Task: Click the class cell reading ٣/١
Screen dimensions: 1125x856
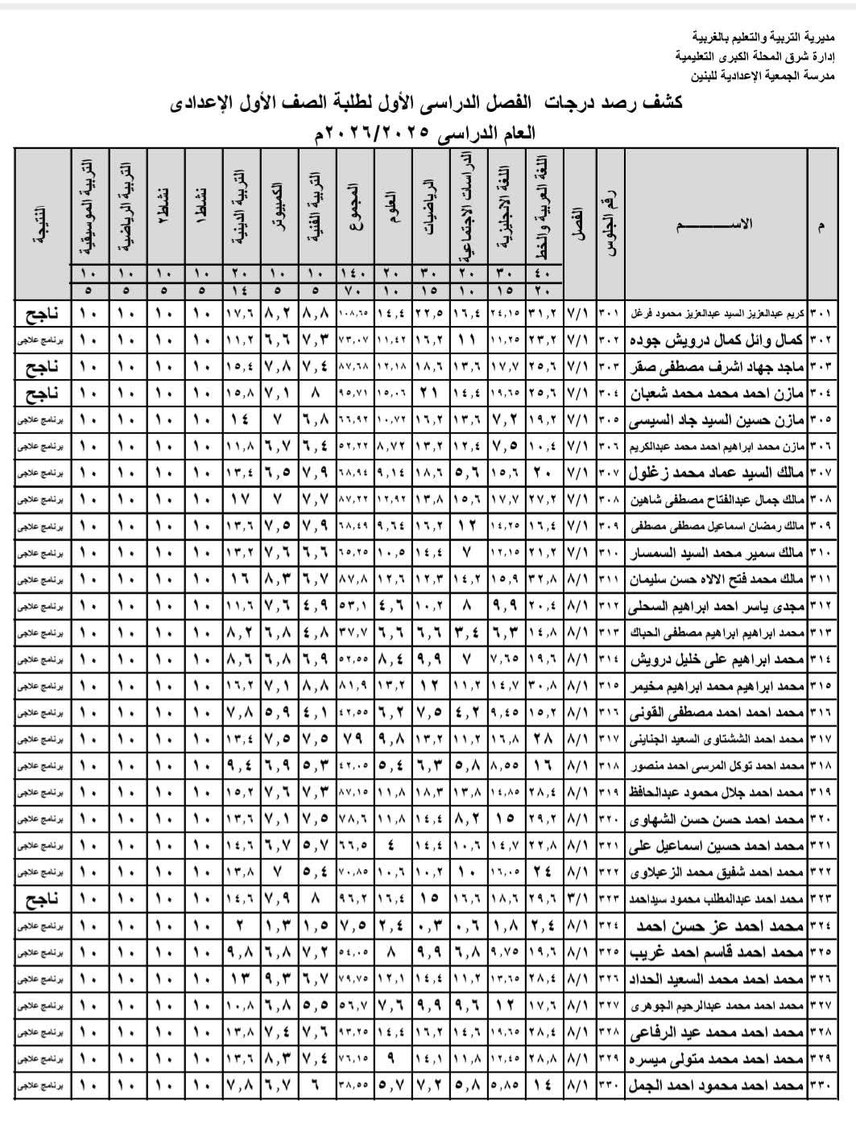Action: click(x=578, y=898)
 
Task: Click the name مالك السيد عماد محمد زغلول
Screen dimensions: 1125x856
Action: click(x=716, y=473)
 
